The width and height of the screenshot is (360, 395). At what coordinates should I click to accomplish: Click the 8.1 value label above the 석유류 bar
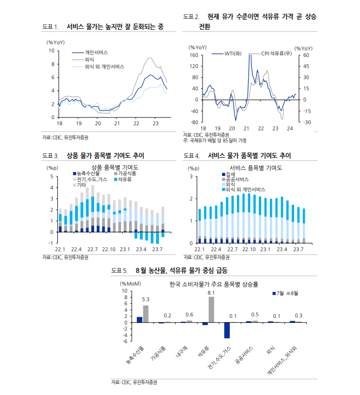pyautogui.click(x=212, y=293)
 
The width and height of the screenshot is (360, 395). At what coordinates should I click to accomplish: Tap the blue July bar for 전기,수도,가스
pyautogui.click(x=227, y=330)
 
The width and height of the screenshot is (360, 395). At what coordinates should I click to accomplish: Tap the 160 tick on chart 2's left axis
pyautogui.click(x=193, y=55)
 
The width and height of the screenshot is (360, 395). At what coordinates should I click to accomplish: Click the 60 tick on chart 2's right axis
pyautogui.click(x=306, y=55)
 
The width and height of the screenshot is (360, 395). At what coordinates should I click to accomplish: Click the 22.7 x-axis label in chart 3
pyautogui.click(x=92, y=249)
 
